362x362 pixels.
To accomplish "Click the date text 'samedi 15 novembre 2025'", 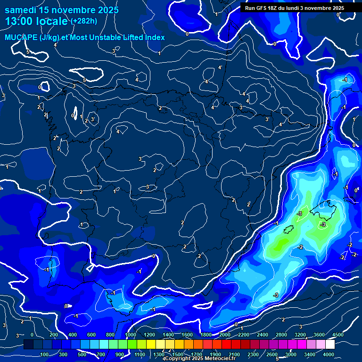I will point(62,10).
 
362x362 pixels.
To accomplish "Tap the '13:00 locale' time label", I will point(36,21).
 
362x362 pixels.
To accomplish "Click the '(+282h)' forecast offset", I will point(83,21).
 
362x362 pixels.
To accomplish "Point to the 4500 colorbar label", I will point(338,335).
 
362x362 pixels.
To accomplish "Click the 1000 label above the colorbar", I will point(131,335).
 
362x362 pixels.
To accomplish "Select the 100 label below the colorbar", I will point(45,354).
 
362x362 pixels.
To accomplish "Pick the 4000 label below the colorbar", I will point(329,354).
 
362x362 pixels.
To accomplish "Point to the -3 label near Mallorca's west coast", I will point(299,214).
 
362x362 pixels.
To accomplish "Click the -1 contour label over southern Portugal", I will point(47,270).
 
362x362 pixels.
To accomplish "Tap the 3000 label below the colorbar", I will point(291,354).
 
